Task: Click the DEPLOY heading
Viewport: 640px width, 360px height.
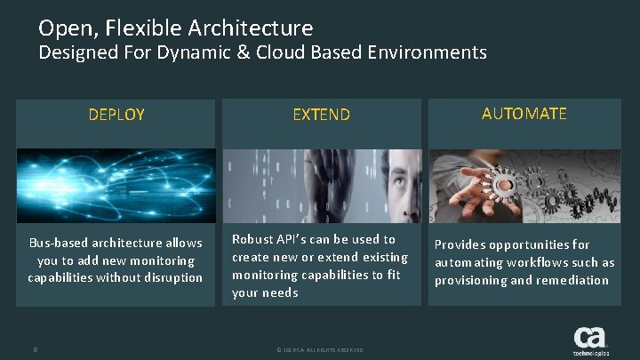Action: point(116,114)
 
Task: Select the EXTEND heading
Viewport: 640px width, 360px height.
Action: point(322,114)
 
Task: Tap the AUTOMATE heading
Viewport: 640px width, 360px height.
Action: point(524,113)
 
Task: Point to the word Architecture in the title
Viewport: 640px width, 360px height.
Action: point(258,28)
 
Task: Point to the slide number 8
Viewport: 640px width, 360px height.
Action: point(34,349)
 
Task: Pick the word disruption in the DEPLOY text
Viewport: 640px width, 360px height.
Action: point(172,278)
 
